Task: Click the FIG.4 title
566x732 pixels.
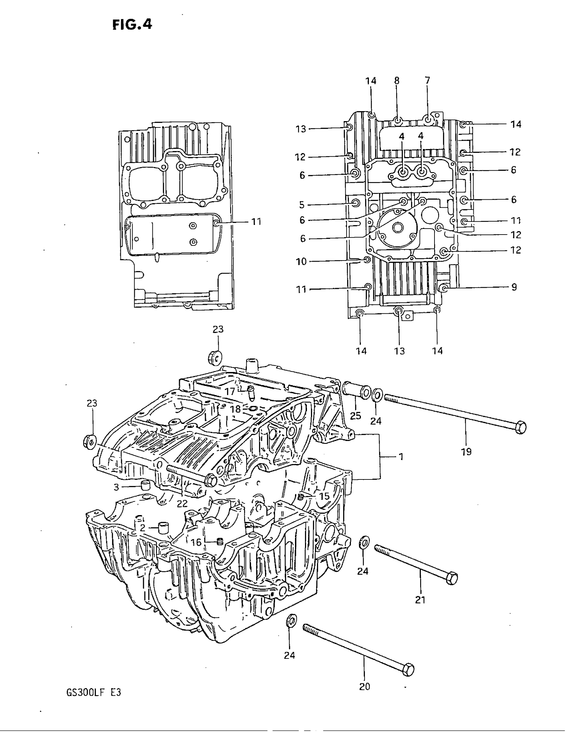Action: pos(132,25)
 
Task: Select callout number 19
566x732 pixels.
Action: pos(466,452)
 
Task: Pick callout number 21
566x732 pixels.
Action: pos(420,600)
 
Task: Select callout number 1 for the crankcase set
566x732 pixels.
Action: pos(401,457)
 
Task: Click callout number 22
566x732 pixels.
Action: pos(182,504)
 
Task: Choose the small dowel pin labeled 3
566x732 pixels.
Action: pos(145,485)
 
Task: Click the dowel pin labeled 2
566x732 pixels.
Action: pos(162,529)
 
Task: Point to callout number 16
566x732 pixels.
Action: pos(196,542)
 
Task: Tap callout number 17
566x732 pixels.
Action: pos(230,391)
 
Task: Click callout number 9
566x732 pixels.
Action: pos(514,287)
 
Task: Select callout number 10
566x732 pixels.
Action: pos(301,262)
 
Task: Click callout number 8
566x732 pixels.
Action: pos(397,81)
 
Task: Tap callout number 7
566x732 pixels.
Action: pos(427,81)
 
